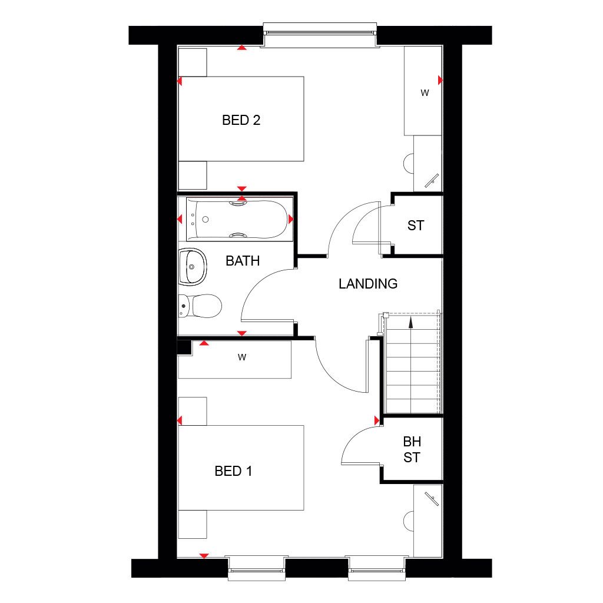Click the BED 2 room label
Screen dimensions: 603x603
point(241,120)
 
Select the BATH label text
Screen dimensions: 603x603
point(243,260)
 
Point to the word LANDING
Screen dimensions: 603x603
point(368,284)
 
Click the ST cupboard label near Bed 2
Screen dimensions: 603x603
point(415,225)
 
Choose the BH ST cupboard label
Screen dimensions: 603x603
point(412,449)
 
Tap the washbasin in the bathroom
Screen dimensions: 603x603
point(193,266)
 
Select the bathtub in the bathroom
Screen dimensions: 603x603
point(239,219)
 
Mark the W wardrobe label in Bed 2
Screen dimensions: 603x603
point(424,92)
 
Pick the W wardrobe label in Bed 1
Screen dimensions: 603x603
point(241,356)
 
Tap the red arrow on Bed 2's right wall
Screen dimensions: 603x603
point(440,79)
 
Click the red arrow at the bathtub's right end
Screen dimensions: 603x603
point(291,219)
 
